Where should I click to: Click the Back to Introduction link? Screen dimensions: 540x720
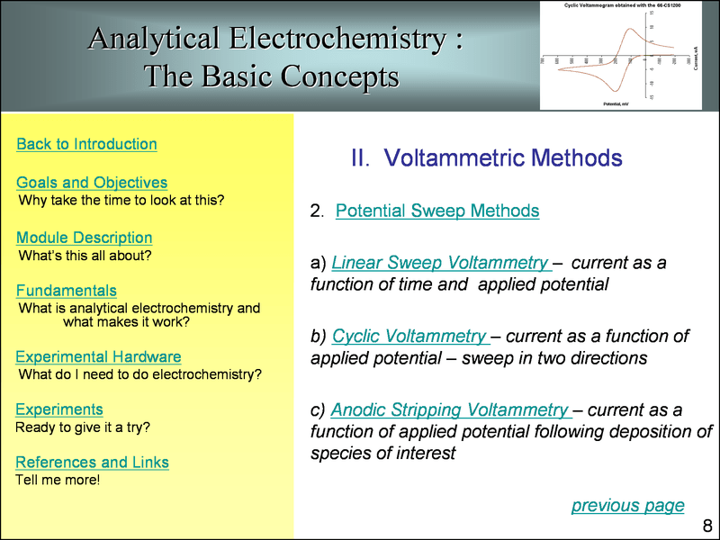[86, 144]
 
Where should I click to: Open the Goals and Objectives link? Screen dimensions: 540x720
[92, 183]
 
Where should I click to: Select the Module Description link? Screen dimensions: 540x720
[85, 238]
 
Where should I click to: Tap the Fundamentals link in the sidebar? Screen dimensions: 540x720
[67, 291]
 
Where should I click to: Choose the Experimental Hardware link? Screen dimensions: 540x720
[98, 357]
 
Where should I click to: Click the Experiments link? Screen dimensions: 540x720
[59, 409]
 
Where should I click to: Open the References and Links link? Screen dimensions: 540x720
[93, 463]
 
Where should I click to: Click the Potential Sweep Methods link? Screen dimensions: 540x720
[437, 211]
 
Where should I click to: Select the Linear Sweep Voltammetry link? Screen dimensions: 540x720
[440, 263]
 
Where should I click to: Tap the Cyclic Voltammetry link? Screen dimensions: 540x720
[409, 336]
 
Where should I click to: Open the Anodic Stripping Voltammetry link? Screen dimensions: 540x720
[449, 409]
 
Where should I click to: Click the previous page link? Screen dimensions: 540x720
[627, 505]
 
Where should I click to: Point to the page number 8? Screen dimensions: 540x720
[707, 526]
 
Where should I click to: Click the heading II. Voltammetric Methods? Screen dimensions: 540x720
[486, 158]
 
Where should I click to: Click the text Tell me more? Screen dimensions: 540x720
[58, 480]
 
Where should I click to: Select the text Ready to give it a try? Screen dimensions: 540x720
[83, 427]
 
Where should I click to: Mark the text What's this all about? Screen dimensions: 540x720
[85, 256]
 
